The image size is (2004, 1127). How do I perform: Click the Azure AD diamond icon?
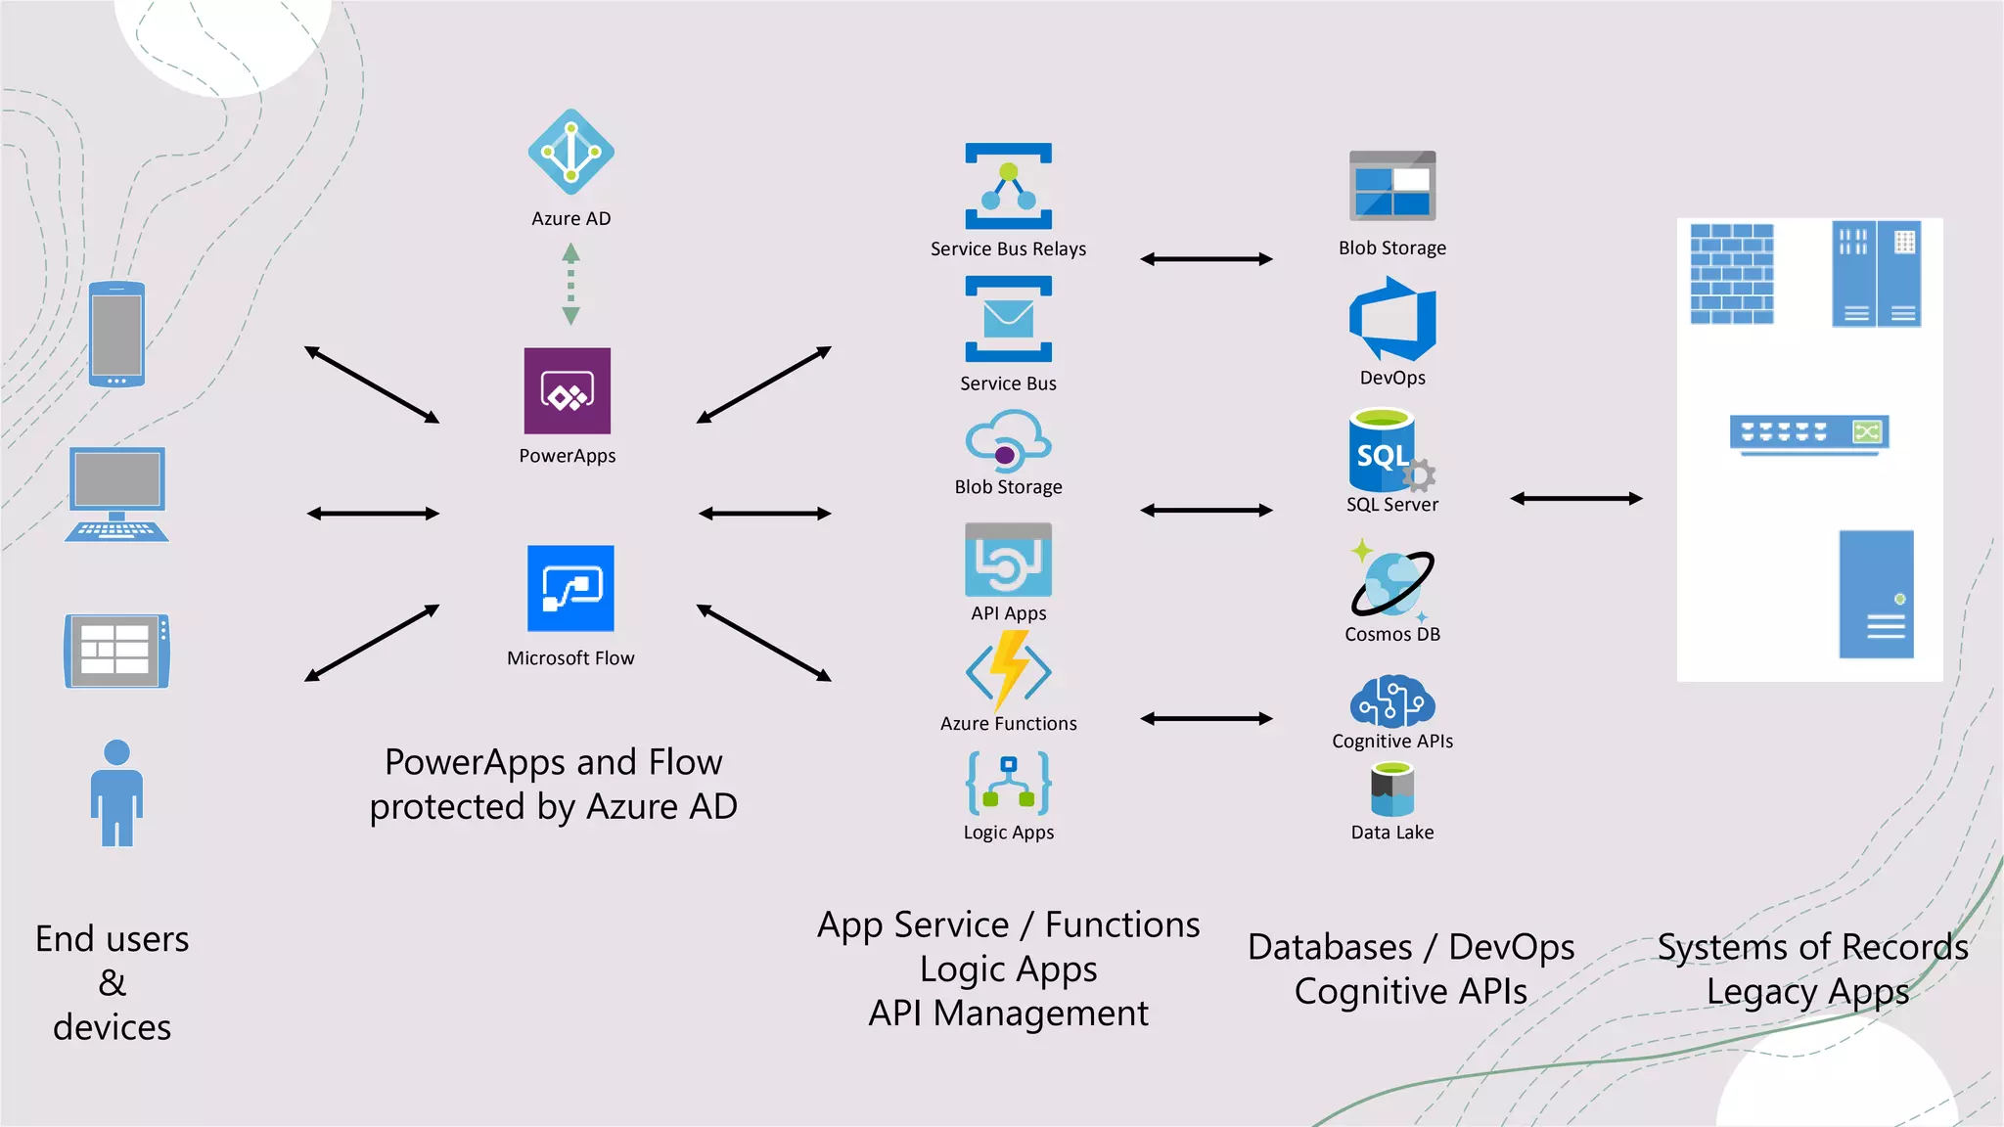[x=570, y=152]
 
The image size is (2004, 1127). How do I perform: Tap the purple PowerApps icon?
[x=567, y=390]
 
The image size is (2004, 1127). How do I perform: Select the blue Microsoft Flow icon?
[x=570, y=588]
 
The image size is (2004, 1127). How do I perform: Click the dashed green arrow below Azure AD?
[x=570, y=284]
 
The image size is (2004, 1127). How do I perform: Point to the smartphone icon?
[x=116, y=334]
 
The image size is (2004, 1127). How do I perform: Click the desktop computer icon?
[x=116, y=494]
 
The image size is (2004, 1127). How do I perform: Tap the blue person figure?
[x=116, y=792]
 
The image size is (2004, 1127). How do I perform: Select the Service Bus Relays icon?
[x=1008, y=186]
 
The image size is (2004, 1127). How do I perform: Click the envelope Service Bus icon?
[x=1008, y=319]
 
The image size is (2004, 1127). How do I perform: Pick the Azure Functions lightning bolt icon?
[x=1008, y=670]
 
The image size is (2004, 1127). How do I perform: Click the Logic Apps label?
[x=1008, y=833]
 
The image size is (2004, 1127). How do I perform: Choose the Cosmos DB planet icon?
[x=1391, y=582]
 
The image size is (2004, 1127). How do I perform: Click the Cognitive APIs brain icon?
[x=1391, y=700]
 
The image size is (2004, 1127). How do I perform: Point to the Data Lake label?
[x=1391, y=833]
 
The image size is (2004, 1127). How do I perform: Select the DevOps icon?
[x=1391, y=319]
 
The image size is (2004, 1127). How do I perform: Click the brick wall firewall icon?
[x=1731, y=274]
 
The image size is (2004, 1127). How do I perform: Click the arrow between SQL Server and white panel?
[x=1575, y=499]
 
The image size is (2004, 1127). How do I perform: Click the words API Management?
[x=1008, y=1014]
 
